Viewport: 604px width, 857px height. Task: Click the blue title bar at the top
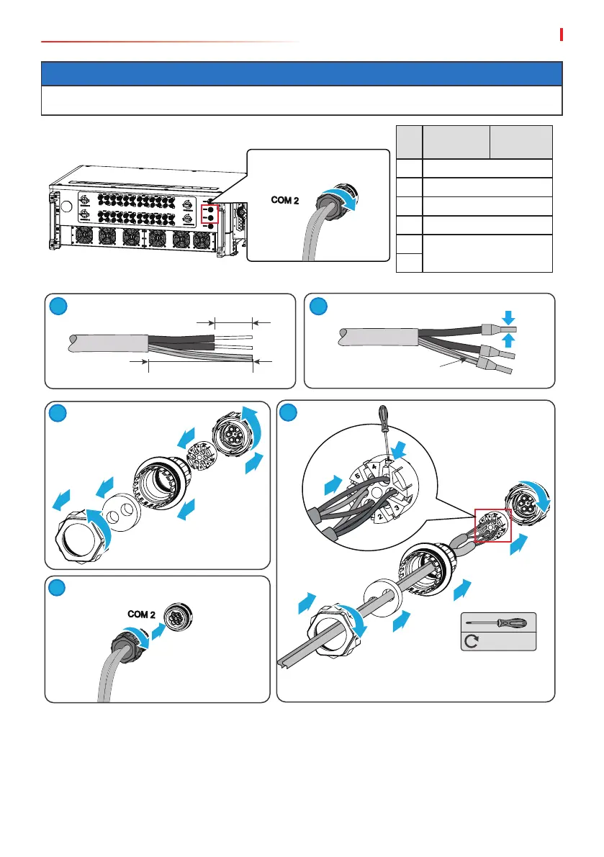click(x=302, y=74)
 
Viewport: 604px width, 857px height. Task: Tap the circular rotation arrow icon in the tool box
click(x=472, y=640)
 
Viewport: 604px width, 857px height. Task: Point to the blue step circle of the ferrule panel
click(x=319, y=307)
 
